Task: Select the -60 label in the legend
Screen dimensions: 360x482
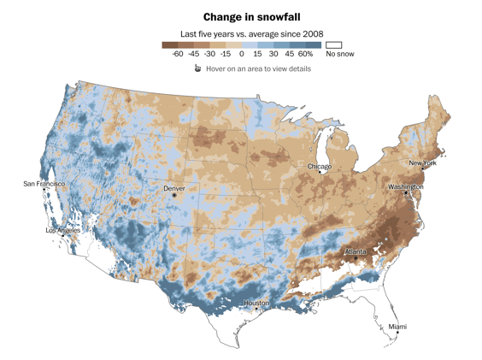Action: click(x=178, y=54)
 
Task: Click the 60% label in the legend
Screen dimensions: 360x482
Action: click(x=305, y=54)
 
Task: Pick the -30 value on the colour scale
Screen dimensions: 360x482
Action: click(x=210, y=54)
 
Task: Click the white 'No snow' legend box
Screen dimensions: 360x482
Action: click(x=334, y=44)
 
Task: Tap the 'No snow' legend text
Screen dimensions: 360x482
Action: click(x=339, y=54)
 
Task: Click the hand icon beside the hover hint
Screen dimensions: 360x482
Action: click(x=197, y=68)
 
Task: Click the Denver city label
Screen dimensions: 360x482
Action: click(x=174, y=187)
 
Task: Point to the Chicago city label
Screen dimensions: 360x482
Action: click(x=320, y=166)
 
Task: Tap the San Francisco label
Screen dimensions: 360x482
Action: click(x=44, y=183)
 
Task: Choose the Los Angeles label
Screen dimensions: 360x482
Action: click(x=63, y=230)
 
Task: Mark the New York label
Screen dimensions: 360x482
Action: click(x=422, y=162)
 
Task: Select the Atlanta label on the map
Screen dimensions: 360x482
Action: click(x=356, y=251)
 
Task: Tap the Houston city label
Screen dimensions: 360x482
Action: click(x=256, y=303)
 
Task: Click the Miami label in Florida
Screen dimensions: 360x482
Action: click(x=397, y=327)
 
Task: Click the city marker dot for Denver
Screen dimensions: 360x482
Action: click(x=174, y=195)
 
